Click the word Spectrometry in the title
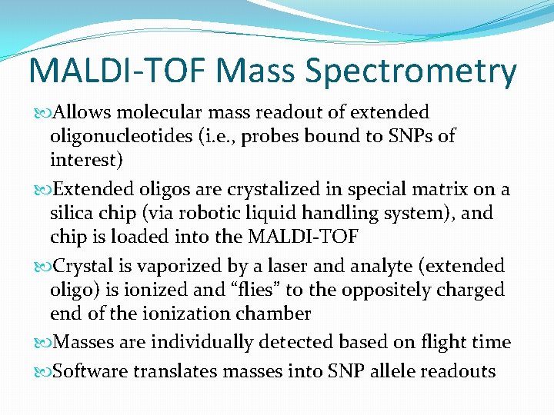[x=411, y=72]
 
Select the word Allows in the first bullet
[x=83, y=113]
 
